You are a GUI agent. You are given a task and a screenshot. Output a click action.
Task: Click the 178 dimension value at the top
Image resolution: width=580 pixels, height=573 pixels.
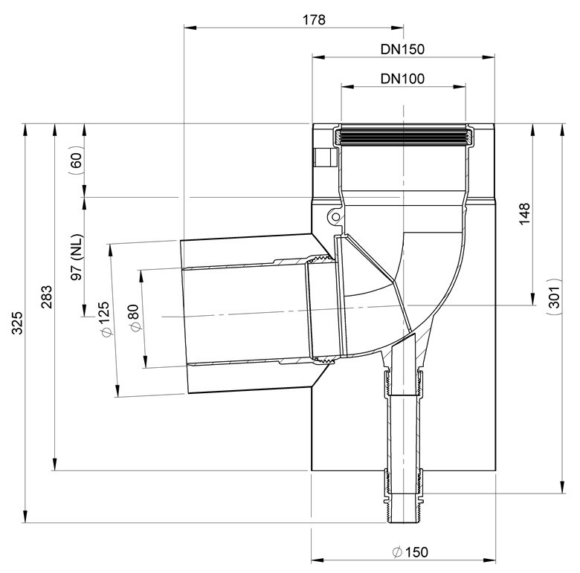tap(314, 19)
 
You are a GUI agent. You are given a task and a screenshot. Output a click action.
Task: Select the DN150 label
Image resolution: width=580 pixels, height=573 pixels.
tap(402, 49)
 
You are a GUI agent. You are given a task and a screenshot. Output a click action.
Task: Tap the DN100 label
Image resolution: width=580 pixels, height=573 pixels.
tap(402, 79)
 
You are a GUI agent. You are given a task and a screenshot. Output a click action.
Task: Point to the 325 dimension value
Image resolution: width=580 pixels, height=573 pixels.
tap(17, 323)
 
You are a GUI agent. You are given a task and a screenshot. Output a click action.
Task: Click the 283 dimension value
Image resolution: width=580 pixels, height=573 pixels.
tap(47, 297)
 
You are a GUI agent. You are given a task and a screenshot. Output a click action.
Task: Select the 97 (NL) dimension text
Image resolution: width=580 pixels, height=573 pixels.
tap(77, 257)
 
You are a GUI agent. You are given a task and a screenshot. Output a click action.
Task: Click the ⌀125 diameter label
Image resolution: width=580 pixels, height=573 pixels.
tap(105, 319)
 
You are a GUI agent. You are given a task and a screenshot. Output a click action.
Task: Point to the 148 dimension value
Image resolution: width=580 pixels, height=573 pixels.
tap(524, 213)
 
